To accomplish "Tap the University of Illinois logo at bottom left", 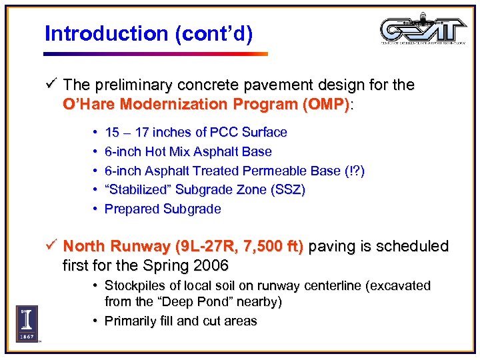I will pos(27,324).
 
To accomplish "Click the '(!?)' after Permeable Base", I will pos(354,171).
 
